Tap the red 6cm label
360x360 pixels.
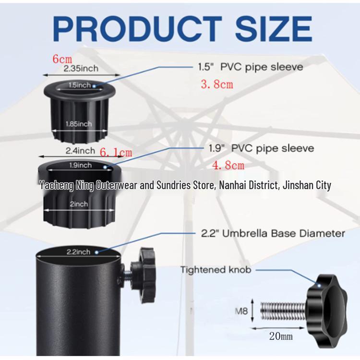click(x=62, y=59)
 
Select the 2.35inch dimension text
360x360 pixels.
click(x=81, y=69)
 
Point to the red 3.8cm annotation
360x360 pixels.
click(x=216, y=84)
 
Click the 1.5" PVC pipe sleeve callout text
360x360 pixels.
click(x=251, y=67)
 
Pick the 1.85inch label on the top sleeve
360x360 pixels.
click(x=79, y=124)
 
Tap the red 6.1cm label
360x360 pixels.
click(x=115, y=153)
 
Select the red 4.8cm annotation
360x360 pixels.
click(x=228, y=166)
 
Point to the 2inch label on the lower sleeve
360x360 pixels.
click(x=78, y=204)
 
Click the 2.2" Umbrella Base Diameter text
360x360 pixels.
click(x=272, y=234)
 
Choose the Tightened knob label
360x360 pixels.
click(x=216, y=270)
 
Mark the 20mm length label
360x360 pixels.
click(x=280, y=336)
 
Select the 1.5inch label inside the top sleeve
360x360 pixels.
click(x=79, y=85)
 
